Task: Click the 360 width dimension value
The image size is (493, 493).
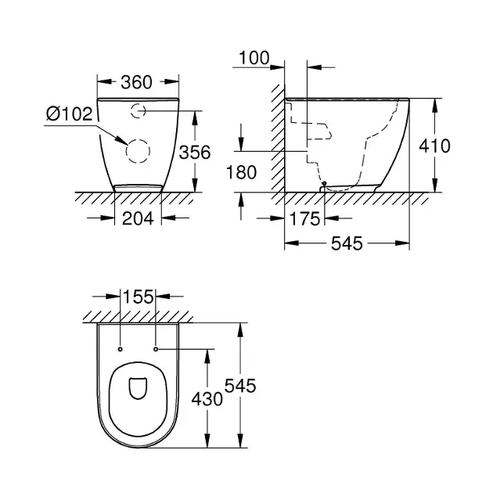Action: click(136, 82)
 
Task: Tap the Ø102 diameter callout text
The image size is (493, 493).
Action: click(70, 113)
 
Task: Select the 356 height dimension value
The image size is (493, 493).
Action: click(195, 153)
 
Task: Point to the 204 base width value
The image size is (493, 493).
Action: click(138, 218)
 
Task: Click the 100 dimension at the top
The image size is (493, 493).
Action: click(254, 58)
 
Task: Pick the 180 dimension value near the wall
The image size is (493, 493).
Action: click(241, 173)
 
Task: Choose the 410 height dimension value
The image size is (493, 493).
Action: click(434, 146)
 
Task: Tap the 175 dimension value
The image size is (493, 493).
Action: click(304, 219)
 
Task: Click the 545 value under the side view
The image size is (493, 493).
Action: click(347, 243)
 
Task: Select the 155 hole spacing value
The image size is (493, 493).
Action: click(138, 297)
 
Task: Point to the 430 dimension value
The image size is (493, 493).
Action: click(207, 399)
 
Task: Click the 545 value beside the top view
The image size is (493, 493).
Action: click(240, 386)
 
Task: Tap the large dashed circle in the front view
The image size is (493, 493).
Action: click(138, 151)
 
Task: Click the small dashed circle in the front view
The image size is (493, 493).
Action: click(138, 110)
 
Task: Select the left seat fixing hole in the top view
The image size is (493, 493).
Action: click(120, 349)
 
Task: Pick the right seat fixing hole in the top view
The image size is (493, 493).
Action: click(156, 349)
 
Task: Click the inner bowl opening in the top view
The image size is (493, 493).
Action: click(138, 388)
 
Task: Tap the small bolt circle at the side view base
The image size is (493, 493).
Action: click(324, 183)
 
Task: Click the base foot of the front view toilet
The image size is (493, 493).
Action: click(138, 188)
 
